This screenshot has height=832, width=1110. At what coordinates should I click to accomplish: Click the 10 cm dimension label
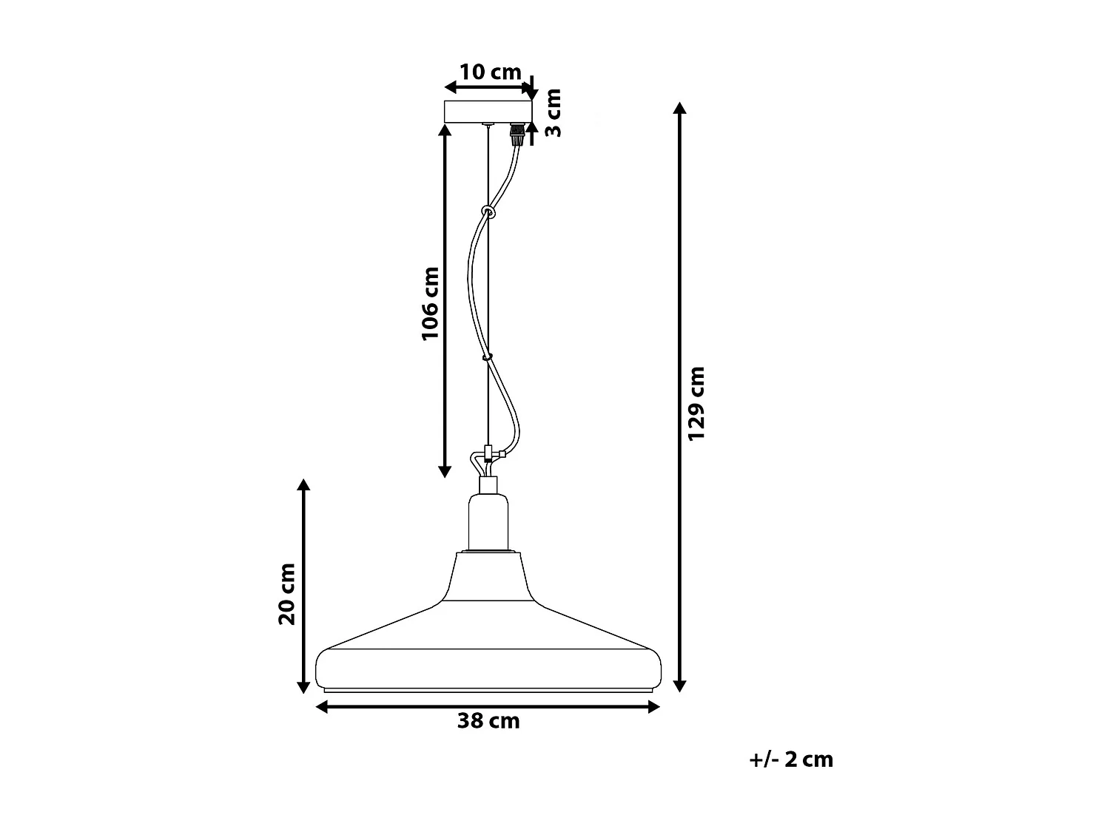point(490,72)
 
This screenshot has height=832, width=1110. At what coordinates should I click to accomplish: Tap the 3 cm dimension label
point(553,112)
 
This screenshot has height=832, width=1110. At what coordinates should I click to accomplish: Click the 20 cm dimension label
point(286,594)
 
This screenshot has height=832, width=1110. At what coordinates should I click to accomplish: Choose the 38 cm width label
point(488,721)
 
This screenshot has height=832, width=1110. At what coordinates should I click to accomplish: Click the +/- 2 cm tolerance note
point(791,760)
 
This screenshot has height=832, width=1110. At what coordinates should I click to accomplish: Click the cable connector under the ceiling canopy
point(517,135)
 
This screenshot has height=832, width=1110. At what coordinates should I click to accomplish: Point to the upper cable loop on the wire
point(488,212)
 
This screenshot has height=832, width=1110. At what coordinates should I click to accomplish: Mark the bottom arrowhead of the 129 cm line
point(679,686)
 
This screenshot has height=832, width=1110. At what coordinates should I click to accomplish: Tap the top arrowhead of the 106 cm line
point(445,130)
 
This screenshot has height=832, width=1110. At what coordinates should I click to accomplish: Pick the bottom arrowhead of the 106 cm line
point(445,471)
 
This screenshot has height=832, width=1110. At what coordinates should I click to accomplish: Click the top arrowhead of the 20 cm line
point(303,485)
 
